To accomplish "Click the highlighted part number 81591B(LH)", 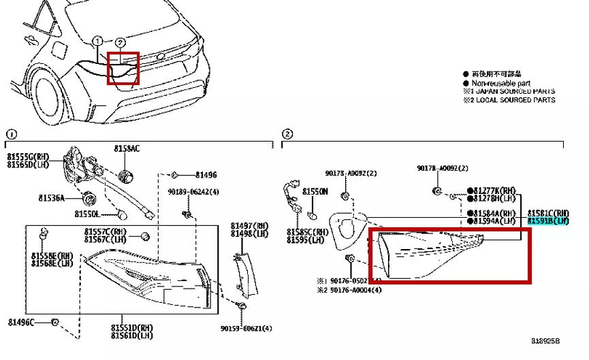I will [548, 221].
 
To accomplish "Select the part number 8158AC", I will [127, 148].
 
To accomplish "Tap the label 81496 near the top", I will [206, 175].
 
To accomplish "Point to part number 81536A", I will [51, 198].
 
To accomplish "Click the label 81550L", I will [88, 214].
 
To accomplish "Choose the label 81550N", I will [315, 192].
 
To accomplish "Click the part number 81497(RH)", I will [249, 225].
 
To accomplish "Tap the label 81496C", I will [22, 321].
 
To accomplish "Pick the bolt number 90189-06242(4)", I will [194, 192].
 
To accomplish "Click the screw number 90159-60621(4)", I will [246, 329].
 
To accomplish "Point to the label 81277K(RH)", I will [498, 190].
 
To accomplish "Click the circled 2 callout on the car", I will [120, 42].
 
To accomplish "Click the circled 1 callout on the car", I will [97, 41].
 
